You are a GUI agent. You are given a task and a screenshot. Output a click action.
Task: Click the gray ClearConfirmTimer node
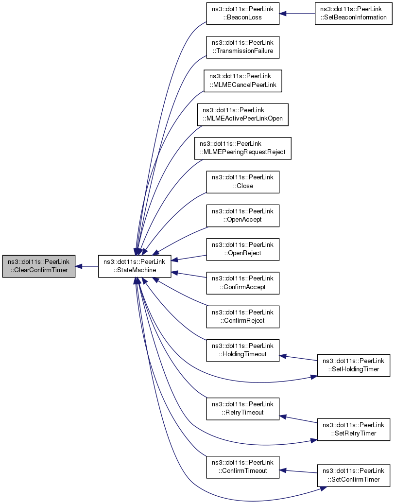click(38, 266)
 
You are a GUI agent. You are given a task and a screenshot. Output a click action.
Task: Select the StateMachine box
click(135, 266)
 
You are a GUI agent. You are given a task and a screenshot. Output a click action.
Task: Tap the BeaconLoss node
click(243, 13)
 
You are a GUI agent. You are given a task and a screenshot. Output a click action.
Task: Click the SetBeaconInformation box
click(353, 13)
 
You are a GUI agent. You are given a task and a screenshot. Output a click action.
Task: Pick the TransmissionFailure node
click(243, 47)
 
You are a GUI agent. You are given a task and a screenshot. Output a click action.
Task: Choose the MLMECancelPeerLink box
click(243, 81)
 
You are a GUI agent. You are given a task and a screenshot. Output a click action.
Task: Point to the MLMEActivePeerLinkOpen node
click(243, 115)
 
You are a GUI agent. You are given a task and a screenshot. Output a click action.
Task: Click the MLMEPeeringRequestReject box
click(243, 148)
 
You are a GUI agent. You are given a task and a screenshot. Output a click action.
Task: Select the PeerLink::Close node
click(243, 182)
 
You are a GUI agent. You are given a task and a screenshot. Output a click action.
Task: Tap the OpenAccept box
click(243, 215)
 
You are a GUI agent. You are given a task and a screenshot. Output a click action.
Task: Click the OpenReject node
click(243, 249)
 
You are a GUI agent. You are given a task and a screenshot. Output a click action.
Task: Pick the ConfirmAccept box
click(243, 282)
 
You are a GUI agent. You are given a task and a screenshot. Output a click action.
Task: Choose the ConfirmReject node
click(243, 316)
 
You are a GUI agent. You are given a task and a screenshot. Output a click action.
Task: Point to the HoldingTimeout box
click(243, 350)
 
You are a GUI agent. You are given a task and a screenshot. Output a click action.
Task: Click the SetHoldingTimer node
click(353, 365)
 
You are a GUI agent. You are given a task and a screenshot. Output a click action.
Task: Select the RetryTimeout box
click(243, 408)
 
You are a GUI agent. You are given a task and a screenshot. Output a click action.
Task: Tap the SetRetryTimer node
click(353, 429)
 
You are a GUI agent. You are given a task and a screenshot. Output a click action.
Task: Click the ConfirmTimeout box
click(243, 467)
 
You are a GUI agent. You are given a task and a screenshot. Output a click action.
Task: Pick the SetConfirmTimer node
click(353, 475)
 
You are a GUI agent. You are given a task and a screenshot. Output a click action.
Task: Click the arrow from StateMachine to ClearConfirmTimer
click(87, 266)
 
